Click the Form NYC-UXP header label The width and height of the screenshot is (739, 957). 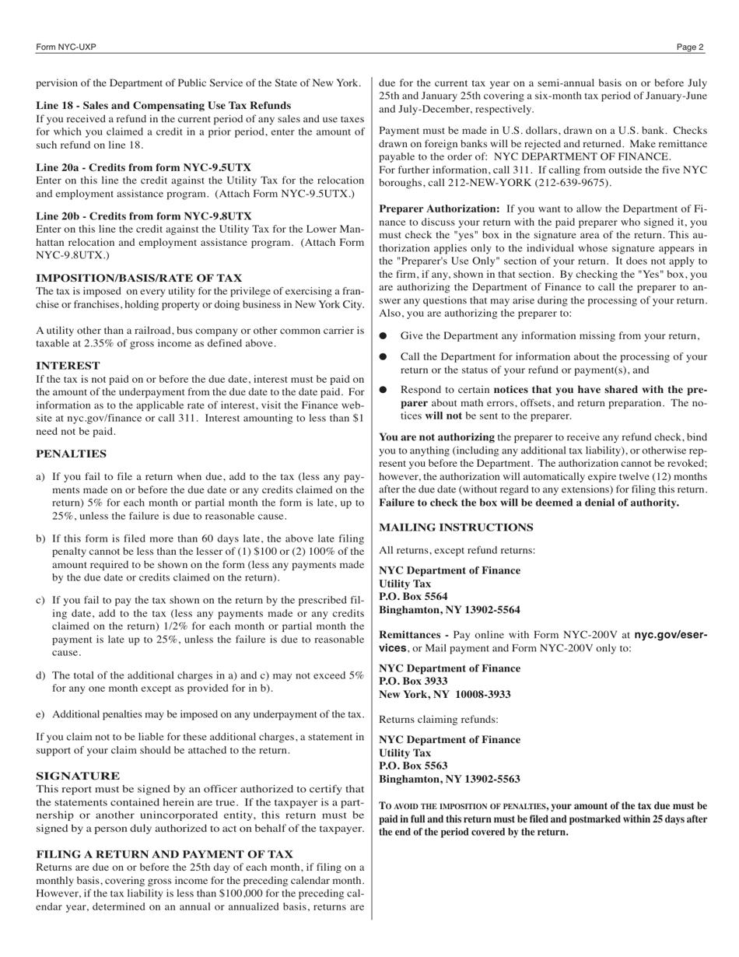(66, 47)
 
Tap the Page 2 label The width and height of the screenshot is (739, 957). (690, 47)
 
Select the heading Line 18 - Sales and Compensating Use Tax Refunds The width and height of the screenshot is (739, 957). (163, 105)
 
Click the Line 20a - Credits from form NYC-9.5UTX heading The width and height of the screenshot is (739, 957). (143, 167)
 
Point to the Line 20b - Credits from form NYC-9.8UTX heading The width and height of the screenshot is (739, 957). (143, 216)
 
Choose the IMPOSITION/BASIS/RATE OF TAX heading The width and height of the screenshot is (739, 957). (138, 278)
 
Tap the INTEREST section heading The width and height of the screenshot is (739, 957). (68, 365)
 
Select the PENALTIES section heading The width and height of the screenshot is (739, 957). (71, 454)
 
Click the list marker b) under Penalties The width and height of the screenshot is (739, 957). (40, 538)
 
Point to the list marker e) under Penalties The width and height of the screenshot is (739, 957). (40, 714)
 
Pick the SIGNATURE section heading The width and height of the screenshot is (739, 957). (78, 776)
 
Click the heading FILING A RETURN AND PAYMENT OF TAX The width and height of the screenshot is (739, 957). (164, 854)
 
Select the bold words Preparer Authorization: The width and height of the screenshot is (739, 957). (439, 209)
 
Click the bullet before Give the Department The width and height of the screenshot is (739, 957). (384, 336)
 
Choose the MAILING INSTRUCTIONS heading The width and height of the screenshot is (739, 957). (456, 527)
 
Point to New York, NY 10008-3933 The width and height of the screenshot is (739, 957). (445, 694)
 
